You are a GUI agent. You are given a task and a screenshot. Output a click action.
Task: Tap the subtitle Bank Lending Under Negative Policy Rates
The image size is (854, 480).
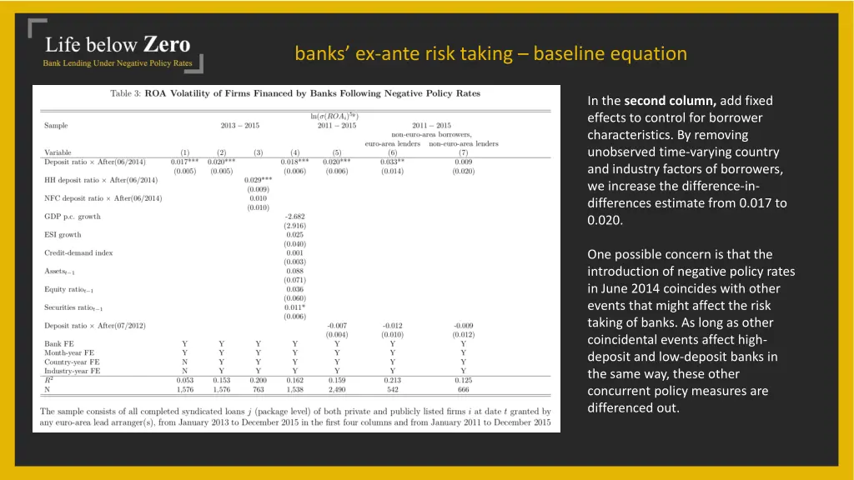pyautogui.click(x=118, y=63)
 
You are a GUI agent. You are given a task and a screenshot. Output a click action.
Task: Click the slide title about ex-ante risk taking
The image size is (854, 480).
pyautogui.click(x=490, y=54)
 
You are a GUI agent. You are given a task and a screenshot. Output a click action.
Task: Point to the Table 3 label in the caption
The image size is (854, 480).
pyautogui.click(x=126, y=93)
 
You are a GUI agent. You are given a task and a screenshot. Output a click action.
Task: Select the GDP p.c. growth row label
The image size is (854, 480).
pyautogui.click(x=72, y=217)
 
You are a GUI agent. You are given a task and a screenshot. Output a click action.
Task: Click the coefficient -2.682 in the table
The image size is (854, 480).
pyautogui.click(x=294, y=217)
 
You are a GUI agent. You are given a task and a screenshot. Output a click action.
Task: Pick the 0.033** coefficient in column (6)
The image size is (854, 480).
pyautogui.click(x=392, y=162)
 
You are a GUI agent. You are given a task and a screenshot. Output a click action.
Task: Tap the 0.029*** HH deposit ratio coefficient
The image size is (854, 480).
pyautogui.click(x=258, y=180)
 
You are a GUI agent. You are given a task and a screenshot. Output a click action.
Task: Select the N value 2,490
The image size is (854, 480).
pyautogui.click(x=336, y=389)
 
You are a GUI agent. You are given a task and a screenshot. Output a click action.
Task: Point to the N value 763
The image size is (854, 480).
pyautogui.click(x=258, y=389)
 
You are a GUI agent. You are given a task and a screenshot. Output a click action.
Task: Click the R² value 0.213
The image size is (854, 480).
pyautogui.click(x=392, y=380)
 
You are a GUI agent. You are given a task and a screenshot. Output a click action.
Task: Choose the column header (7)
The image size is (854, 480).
pyautogui.click(x=463, y=152)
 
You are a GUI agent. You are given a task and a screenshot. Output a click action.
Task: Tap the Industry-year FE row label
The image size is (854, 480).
pyautogui.click(x=72, y=371)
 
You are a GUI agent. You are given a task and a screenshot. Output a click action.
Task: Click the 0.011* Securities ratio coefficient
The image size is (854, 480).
pyautogui.click(x=294, y=307)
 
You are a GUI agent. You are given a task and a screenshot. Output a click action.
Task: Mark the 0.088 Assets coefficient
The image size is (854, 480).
pyautogui.click(x=294, y=271)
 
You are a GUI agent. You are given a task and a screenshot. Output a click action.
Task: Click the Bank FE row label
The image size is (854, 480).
pyautogui.click(x=58, y=343)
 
